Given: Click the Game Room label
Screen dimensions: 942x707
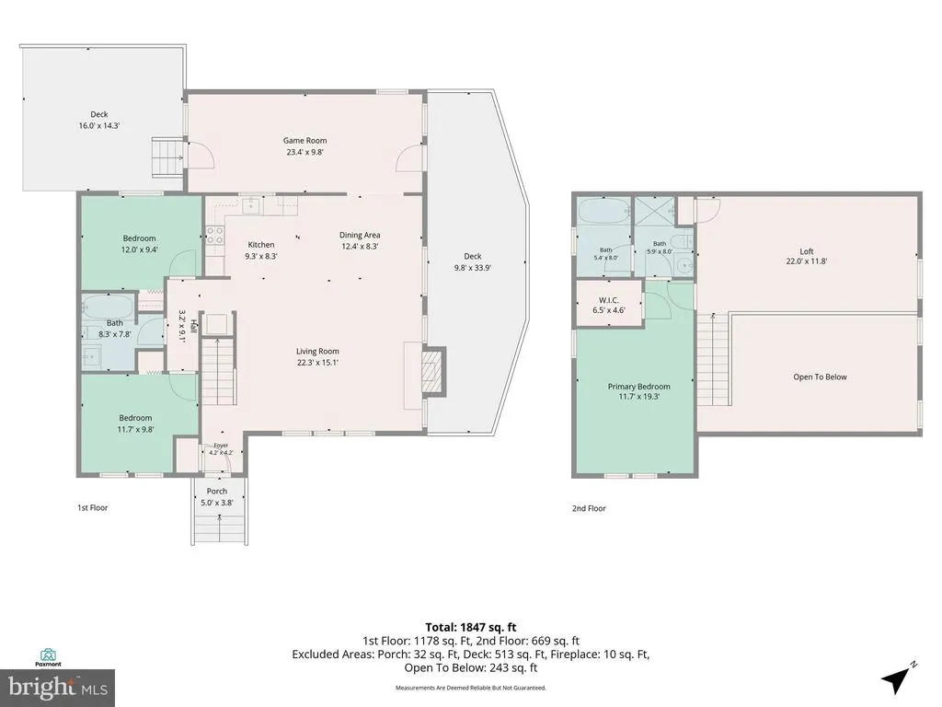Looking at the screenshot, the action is [x=305, y=141].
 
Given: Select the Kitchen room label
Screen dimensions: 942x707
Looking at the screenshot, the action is [x=261, y=245].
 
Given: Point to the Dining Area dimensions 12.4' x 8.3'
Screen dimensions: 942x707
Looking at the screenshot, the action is [x=360, y=246].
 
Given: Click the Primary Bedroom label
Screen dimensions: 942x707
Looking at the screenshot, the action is [x=638, y=387].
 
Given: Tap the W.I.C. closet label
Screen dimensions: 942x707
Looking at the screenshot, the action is [x=609, y=300].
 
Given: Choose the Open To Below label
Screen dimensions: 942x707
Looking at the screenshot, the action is [x=820, y=377].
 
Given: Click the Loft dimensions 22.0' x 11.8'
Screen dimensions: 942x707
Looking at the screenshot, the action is [x=807, y=261].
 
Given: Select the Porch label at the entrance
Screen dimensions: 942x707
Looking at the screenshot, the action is [x=217, y=492].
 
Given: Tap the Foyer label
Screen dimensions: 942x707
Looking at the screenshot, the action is [x=221, y=446].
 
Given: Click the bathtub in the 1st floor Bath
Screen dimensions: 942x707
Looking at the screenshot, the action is [x=108, y=307].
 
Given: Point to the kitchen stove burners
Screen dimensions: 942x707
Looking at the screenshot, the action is [x=214, y=235].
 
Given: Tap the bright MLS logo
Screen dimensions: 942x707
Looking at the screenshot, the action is [x=58, y=687].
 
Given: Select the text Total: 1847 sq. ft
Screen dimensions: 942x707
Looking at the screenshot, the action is [x=471, y=628].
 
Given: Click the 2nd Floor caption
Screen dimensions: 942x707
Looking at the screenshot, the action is [x=589, y=508].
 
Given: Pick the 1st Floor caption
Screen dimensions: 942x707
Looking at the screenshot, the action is [x=93, y=507].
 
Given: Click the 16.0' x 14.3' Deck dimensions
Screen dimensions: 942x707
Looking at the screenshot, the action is [x=99, y=125].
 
